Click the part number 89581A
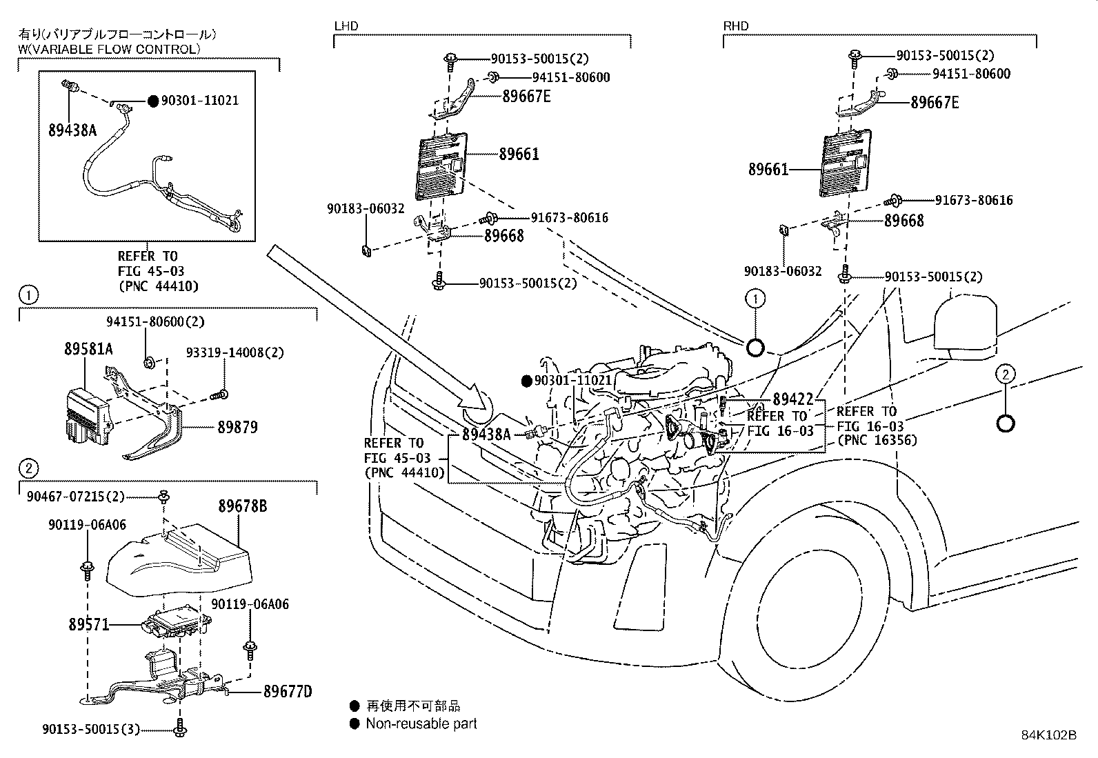(x=90, y=350)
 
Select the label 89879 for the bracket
(x=234, y=428)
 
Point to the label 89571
(x=88, y=625)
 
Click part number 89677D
(x=287, y=691)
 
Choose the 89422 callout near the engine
(x=792, y=399)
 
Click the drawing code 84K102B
(x=1048, y=735)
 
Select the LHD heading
(x=346, y=26)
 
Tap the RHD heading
(x=735, y=26)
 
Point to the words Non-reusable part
(x=421, y=724)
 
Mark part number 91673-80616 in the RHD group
(x=974, y=201)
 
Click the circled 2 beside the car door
(x=1005, y=374)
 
